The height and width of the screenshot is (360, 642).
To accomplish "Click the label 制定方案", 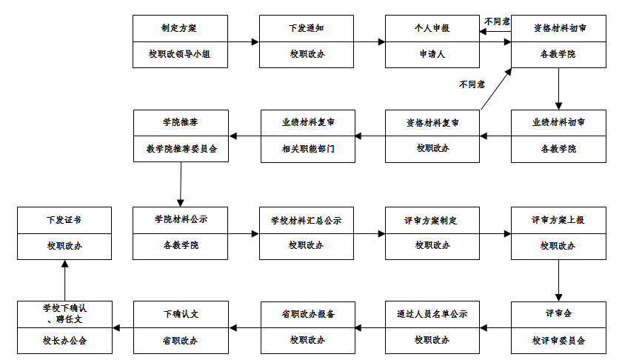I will coord(180,29).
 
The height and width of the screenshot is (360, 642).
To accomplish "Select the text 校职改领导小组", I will coord(180,53).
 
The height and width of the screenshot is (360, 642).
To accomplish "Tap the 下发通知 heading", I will coord(306,29).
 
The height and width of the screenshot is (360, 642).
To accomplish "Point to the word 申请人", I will coord(432,53).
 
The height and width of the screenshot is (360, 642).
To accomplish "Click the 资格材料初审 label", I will coord(558,29).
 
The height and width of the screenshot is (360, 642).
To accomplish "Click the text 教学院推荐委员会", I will coord(181,148).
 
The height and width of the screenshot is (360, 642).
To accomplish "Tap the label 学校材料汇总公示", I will coord(306,220).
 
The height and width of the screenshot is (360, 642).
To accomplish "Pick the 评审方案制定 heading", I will coord(432,220).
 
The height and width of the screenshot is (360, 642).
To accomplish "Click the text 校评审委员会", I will coord(558,340).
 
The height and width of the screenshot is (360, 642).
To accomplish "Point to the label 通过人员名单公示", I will coord(432,313).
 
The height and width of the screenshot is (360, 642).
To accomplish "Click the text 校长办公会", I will coord(64,340).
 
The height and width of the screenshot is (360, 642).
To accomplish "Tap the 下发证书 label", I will coord(64,220).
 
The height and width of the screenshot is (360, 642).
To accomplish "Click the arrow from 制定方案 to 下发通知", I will coord(244,41).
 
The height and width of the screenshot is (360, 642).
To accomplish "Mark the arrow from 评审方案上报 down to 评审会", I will coord(558,279).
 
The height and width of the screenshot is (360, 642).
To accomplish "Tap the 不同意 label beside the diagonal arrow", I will coord(471,84).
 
